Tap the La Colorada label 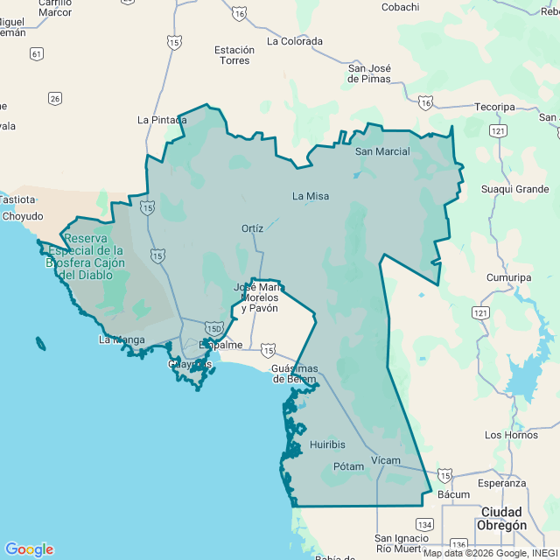[295, 41]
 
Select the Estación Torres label [234, 55]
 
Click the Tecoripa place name [495, 107]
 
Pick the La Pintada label [162, 120]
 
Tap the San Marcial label [382, 151]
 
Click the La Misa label [311, 196]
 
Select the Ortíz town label [252, 228]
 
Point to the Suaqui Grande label [515, 189]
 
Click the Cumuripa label [509, 277]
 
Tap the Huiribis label [327, 444]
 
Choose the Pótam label [348, 466]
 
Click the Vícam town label [385, 460]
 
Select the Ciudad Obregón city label [501, 518]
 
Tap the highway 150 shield [215, 327]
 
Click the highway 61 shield [36, 54]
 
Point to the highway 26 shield [55, 99]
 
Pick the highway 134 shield [424, 524]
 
